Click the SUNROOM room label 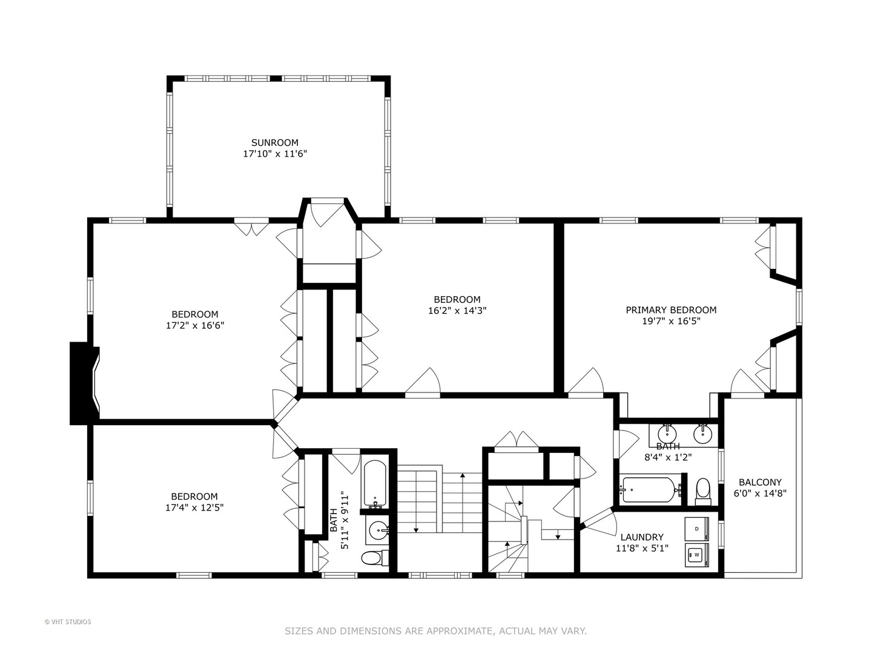[275, 143]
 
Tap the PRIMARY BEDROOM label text [671, 310]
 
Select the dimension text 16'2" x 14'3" [457, 311]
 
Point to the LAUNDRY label [642, 537]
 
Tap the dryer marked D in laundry [696, 529]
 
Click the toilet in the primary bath [703, 490]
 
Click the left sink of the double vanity [667, 433]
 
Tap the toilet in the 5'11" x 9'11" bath [375, 558]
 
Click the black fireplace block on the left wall [81, 383]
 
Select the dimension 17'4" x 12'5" [194, 508]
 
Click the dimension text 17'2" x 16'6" [195, 326]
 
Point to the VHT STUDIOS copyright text [68, 622]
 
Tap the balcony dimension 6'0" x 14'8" [760, 494]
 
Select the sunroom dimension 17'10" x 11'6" [275, 154]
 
